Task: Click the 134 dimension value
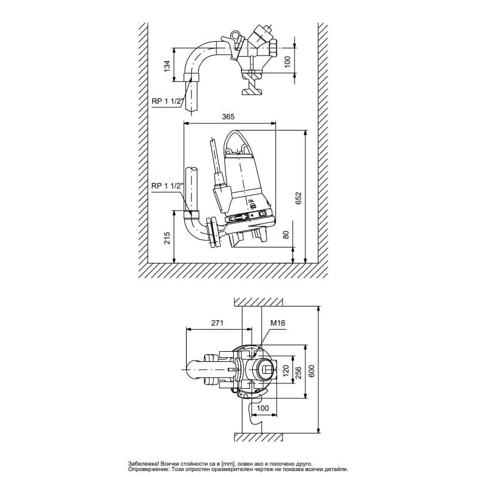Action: pyautogui.click(x=167, y=66)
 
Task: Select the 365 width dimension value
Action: pyautogui.click(x=228, y=116)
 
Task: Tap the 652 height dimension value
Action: pyautogui.click(x=299, y=198)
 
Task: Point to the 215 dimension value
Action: pyautogui.click(x=167, y=238)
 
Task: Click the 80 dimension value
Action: pyautogui.click(x=286, y=234)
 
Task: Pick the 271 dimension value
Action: pyautogui.click(x=217, y=323)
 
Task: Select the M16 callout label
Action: pyautogui.click(x=278, y=323)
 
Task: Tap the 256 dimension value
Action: pyautogui.click(x=299, y=373)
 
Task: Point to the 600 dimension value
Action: pyautogui.click(x=311, y=371)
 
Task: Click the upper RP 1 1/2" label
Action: pyautogui.click(x=167, y=101)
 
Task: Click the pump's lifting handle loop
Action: pyautogui.click(x=237, y=143)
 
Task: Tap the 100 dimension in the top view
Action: pyautogui.click(x=287, y=62)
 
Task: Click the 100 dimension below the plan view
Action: pyautogui.click(x=263, y=408)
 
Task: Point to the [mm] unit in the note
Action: pyautogui.click(x=227, y=464)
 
